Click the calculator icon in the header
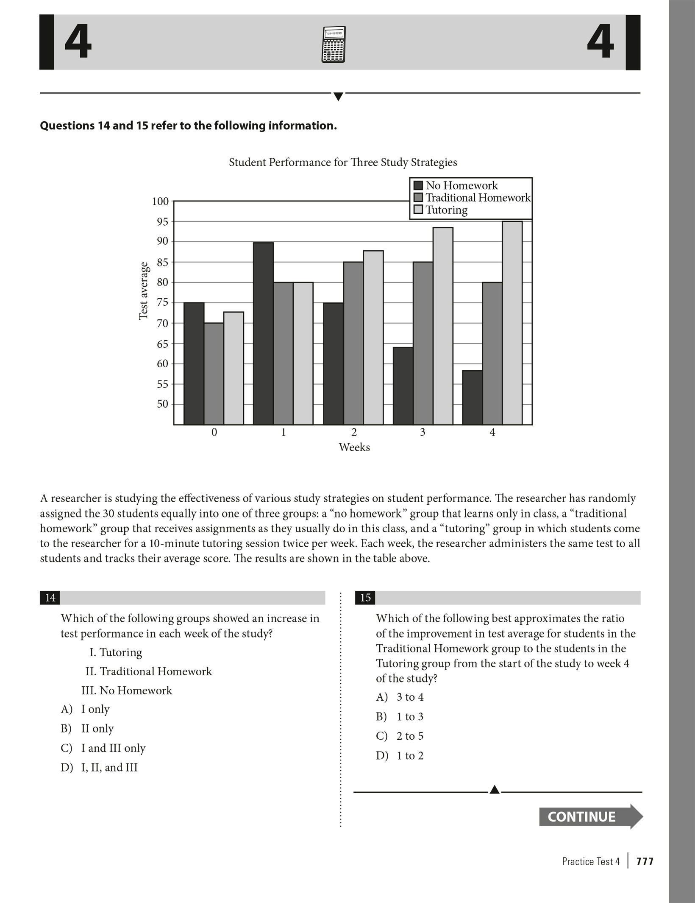333,45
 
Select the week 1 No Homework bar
263,333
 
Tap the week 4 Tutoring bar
512,323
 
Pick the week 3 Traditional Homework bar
423,343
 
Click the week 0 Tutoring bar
234,368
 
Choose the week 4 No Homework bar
472,397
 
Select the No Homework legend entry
456,185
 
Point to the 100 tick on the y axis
161,201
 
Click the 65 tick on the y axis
162,344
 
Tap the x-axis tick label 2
354,432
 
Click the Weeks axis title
354,447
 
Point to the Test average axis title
144,291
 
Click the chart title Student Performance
343,162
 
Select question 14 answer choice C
103,748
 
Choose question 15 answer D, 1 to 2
400,756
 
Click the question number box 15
365,598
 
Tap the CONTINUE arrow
590,816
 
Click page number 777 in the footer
645,861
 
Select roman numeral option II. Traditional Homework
149,671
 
